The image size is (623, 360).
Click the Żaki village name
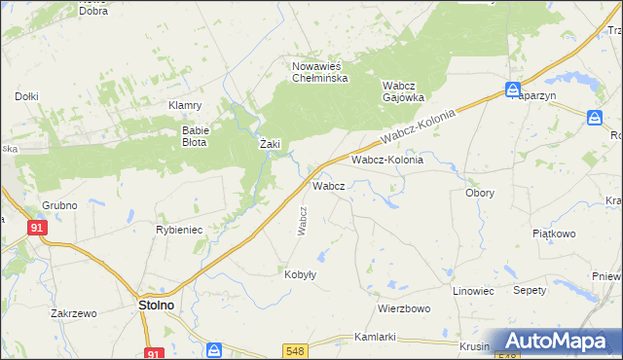(271, 144)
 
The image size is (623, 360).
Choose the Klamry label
(184, 105)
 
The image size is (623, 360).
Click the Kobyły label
(300, 274)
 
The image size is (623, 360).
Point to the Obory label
(480, 193)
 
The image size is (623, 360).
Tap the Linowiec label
(474, 291)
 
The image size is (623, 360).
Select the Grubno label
(59, 205)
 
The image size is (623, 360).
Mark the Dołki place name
(26, 96)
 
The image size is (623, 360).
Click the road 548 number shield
(297, 349)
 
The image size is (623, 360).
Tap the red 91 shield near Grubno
(37, 227)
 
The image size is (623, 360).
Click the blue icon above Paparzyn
(513, 90)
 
